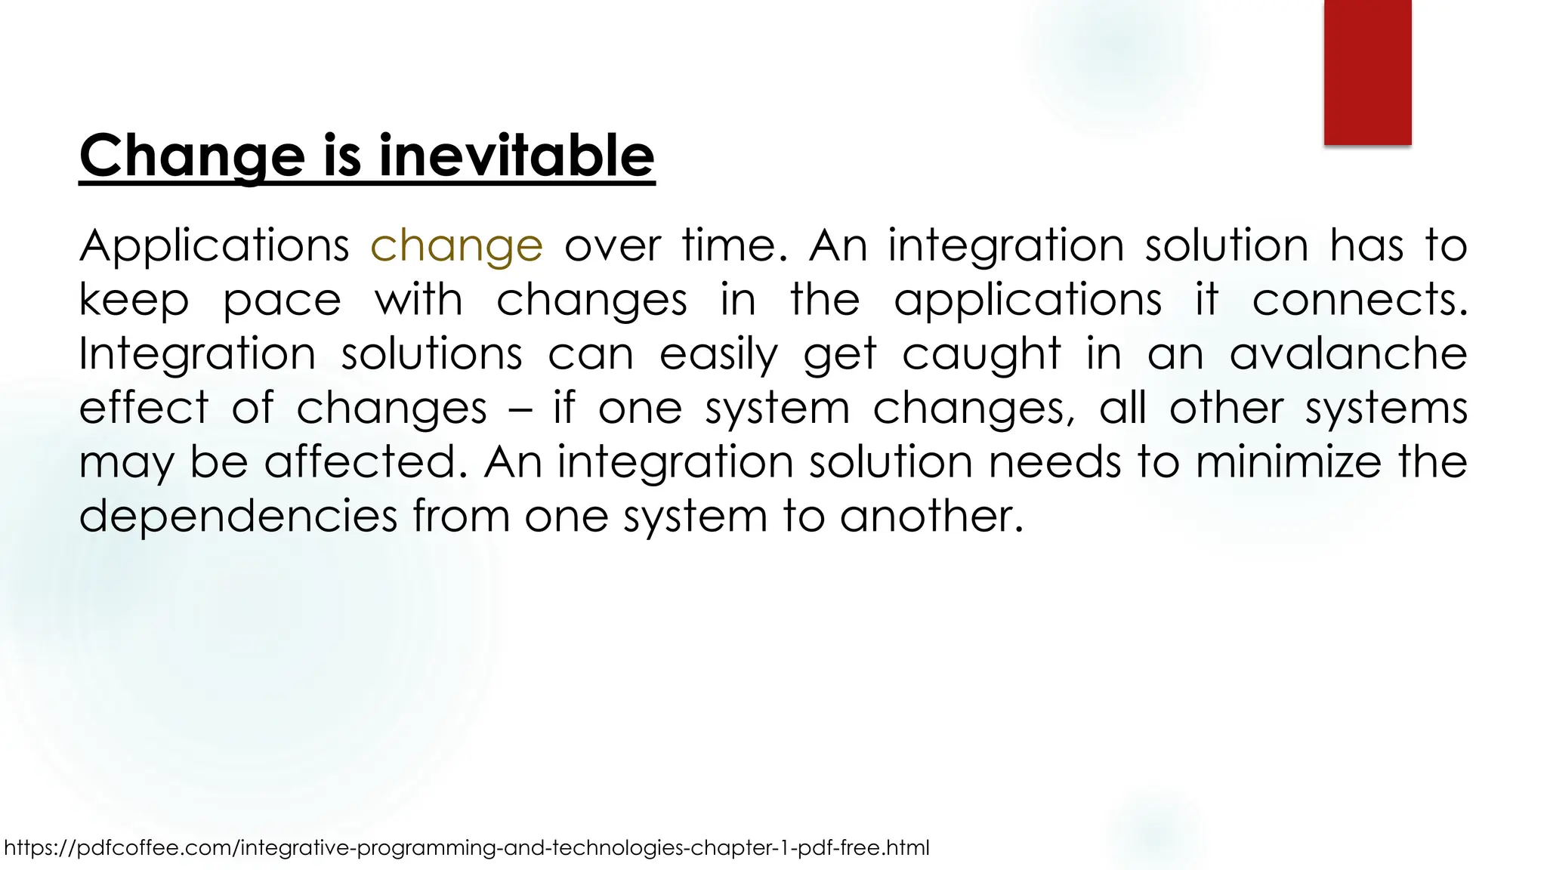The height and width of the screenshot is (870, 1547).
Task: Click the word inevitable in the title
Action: click(516, 156)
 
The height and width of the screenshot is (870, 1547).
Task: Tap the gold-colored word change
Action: click(456, 246)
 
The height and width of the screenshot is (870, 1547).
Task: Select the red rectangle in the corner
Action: click(1367, 72)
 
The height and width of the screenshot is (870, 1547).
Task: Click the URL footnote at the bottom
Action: click(467, 848)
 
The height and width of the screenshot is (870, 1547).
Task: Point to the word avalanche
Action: click(1348, 353)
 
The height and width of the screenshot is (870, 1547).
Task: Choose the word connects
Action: click(1360, 300)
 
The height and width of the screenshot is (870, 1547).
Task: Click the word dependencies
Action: click(238, 517)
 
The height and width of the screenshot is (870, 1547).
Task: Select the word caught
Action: click(981, 353)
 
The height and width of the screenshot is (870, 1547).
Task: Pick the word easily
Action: click(718, 355)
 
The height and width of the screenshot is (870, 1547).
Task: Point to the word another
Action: click(931, 517)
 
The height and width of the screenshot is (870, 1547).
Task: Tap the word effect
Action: click(144, 408)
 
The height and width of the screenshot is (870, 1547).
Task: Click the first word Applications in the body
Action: click(214, 246)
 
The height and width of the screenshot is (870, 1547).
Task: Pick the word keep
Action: click(134, 301)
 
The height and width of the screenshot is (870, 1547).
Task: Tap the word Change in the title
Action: click(192, 156)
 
